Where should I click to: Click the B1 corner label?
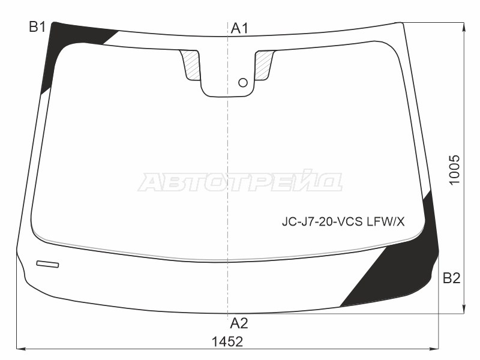(37, 27)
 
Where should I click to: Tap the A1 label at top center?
(239, 28)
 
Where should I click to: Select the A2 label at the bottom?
(239, 323)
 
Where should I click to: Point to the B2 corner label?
(452, 278)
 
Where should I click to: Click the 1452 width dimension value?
(227, 341)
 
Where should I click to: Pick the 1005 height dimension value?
(455, 170)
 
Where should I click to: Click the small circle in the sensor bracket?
(243, 83)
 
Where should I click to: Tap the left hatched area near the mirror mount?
(191, 65)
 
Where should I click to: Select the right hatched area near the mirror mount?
(263, 65)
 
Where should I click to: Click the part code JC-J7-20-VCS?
(322, 221)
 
